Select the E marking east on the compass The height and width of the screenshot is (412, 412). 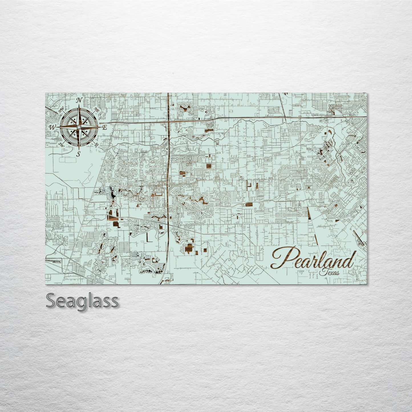[104, 127]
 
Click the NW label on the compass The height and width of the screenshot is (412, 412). [61, 110]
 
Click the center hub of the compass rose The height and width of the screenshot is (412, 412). [79, 127]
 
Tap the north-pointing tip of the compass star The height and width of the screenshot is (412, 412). [79, 106]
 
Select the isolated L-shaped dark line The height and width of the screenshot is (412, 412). [149, 238]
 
